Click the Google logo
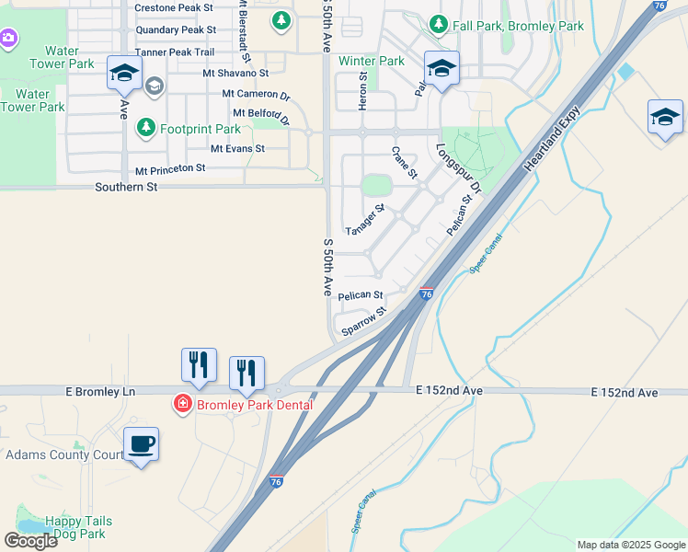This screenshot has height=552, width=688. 30,541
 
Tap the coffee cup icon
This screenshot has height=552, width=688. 141,444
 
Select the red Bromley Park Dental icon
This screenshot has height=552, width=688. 182,405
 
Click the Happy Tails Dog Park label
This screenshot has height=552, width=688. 65,527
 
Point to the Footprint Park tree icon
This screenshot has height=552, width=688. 145,129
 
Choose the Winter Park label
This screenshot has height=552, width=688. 372,61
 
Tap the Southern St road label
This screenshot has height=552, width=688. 127,187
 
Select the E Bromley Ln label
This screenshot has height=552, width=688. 100,392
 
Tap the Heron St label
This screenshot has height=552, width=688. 362,93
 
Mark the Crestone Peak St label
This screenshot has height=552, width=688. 174,7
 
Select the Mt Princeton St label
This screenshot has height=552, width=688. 170,170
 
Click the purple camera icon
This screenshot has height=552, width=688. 7,38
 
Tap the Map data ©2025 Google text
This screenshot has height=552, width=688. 631,545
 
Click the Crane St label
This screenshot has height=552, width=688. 405,162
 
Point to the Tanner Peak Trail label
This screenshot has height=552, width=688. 175,52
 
